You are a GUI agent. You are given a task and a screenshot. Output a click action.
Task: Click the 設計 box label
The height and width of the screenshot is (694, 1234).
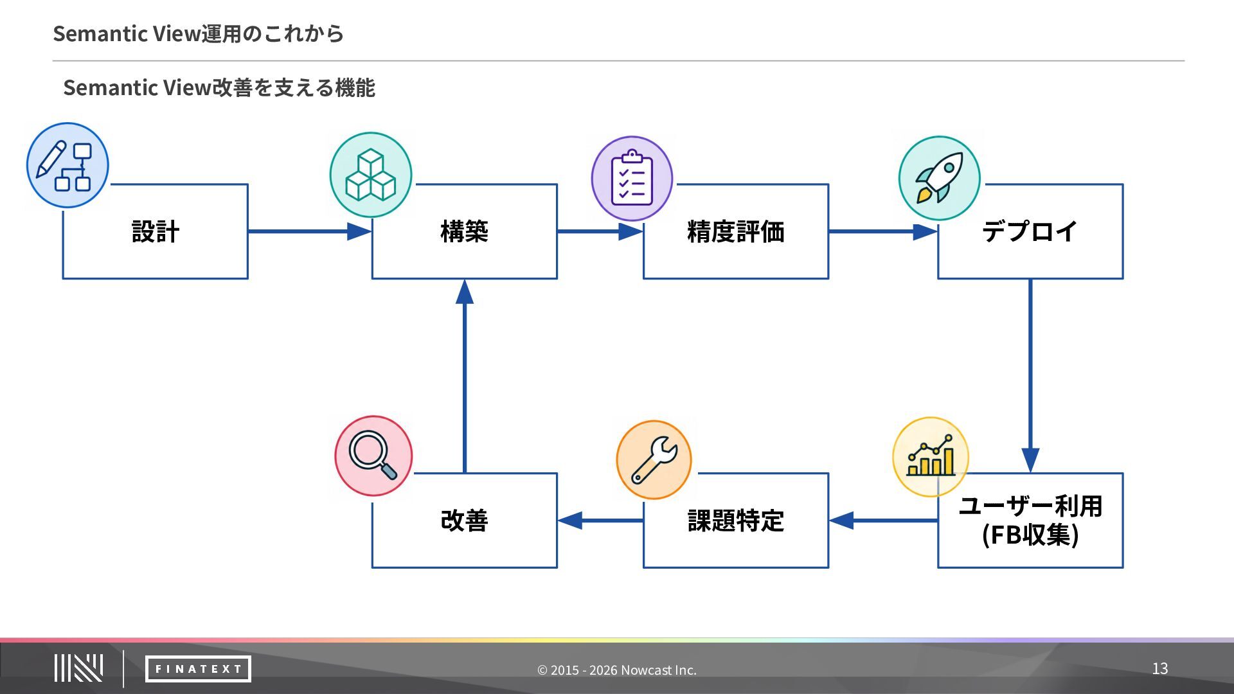155,231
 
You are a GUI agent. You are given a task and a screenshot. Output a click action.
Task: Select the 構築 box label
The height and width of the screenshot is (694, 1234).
464,231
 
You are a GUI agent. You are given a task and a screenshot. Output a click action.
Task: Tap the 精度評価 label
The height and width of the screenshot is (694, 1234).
736,231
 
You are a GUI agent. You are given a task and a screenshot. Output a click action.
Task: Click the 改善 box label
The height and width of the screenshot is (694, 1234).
464,520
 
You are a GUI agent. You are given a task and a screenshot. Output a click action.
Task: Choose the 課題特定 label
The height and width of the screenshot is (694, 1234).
736,520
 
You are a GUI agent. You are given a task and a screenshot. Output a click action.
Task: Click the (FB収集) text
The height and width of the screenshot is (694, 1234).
1030,535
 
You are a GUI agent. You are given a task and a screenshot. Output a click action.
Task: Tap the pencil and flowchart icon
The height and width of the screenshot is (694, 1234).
67,165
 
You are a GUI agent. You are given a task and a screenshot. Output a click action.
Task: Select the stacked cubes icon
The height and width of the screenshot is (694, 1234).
371,175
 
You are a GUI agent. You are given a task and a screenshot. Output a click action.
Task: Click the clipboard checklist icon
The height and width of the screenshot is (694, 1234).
632,178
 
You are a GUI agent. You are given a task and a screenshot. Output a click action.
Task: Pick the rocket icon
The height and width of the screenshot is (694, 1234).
940,178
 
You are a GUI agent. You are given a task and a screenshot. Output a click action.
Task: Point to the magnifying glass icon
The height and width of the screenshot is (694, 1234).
373,456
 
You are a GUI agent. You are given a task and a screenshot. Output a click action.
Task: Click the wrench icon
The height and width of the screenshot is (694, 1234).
654,459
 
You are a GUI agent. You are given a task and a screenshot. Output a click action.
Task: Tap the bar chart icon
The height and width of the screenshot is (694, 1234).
931,456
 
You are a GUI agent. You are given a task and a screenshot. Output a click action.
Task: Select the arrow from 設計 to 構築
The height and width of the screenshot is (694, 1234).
310,231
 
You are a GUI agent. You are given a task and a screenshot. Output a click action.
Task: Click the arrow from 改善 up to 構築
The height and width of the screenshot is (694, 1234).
464,376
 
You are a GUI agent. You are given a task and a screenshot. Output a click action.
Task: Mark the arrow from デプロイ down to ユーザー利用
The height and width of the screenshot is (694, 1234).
1030,376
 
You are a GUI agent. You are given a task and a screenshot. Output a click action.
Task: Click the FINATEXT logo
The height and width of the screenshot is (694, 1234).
198,669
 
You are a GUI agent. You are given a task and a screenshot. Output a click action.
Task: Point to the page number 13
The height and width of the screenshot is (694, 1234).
1159,668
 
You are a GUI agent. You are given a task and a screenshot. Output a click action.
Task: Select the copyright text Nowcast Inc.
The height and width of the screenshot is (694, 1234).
659,670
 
